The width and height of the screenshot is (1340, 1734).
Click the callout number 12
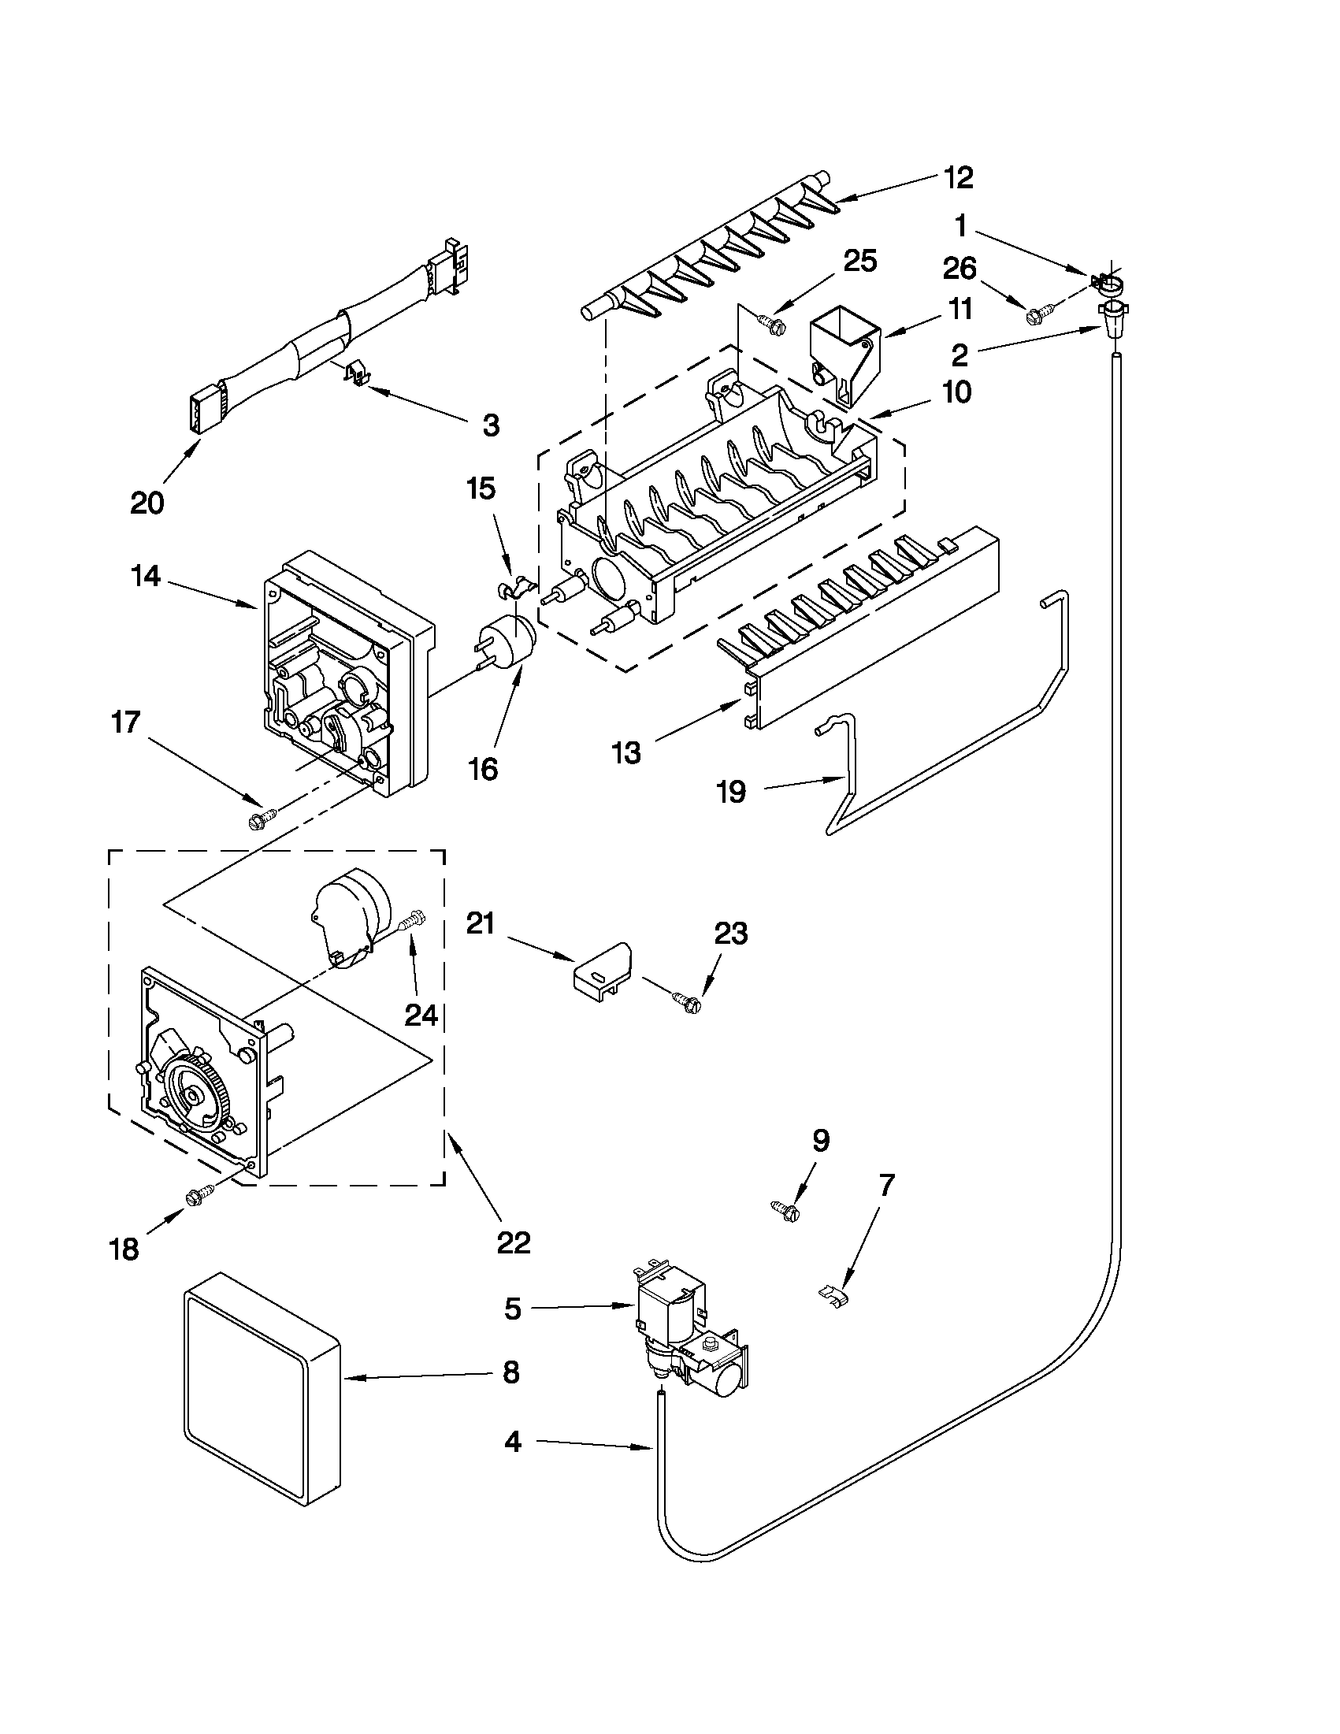tap(959, 178)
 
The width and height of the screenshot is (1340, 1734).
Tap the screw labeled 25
tap(770, 321)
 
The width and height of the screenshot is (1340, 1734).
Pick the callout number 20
tap(147, 503)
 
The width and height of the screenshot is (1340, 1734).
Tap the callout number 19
tap(731, 792)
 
